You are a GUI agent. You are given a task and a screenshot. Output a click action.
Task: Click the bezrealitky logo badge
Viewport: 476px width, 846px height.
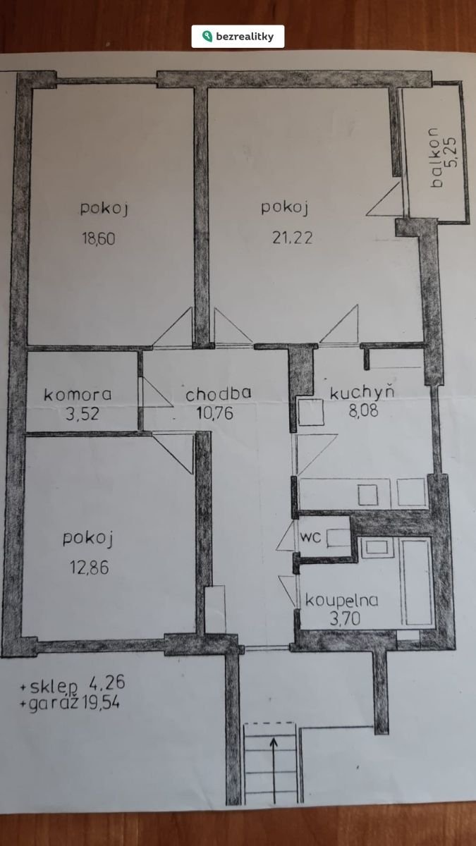click(238, 36)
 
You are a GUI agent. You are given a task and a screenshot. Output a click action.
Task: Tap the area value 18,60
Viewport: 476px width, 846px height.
click(99, 239)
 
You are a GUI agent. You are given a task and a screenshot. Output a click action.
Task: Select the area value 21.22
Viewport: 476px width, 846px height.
click(293, 238)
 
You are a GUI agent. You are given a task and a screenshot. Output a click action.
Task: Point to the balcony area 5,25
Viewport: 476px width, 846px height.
click(451, 152)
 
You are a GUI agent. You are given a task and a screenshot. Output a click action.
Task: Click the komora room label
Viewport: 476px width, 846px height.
click(78, 395)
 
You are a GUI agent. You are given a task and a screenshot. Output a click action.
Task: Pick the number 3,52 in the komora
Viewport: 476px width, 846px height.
click(83, 414)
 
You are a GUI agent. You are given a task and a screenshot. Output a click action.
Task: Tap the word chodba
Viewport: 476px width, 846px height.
click(219, 393)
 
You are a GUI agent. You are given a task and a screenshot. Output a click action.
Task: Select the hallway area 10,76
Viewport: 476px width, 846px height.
click(214, 413)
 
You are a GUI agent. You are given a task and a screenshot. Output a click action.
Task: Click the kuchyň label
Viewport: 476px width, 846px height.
click(362, 391)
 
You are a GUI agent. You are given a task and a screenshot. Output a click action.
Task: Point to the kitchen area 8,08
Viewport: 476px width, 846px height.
click(363, 410)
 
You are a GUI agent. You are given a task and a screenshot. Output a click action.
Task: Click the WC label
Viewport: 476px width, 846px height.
click(310, 537)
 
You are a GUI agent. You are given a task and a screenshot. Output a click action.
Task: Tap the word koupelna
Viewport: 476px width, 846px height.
click(341, 600)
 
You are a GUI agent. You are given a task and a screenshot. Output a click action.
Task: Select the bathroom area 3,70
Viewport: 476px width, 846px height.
click(345, 618)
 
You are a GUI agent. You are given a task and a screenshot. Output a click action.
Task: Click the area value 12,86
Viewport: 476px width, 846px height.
click(89, 568)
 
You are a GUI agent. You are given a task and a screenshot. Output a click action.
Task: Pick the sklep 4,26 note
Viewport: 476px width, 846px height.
click(72, 685)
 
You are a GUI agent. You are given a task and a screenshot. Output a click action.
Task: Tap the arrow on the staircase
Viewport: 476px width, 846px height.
click(274, 771)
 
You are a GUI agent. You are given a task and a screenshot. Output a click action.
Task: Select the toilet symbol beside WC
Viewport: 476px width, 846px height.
click(338, 538)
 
